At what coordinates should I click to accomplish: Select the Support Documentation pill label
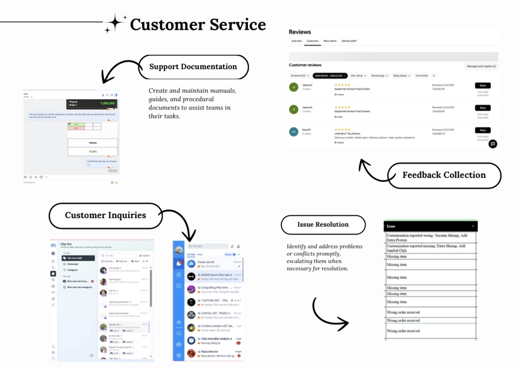[x=193, y=67]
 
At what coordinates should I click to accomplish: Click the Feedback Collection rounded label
[x=444, y=175]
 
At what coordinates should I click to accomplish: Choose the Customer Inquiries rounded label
[x=105, y=215]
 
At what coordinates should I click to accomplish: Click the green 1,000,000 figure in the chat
[x=107, y=102]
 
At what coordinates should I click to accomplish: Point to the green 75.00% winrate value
[x=93, y=152]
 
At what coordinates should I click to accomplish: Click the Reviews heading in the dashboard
[x=300, y=32]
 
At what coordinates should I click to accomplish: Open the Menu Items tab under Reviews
[x=330, y=41]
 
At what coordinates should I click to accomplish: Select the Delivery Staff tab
[x=349, y=41]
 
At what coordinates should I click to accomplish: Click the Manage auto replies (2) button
[x=481, y=66]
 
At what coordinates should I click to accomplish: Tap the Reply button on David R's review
[x=482, y=130]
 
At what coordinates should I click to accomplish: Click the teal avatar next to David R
[x=294, y=132]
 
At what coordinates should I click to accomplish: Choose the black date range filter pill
[x=329, y=76]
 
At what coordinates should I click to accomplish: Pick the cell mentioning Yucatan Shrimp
[x=431, y=238]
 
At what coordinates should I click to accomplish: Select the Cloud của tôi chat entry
[x=209, y=264]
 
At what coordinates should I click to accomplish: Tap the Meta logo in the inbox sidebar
[x=53, y=245]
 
